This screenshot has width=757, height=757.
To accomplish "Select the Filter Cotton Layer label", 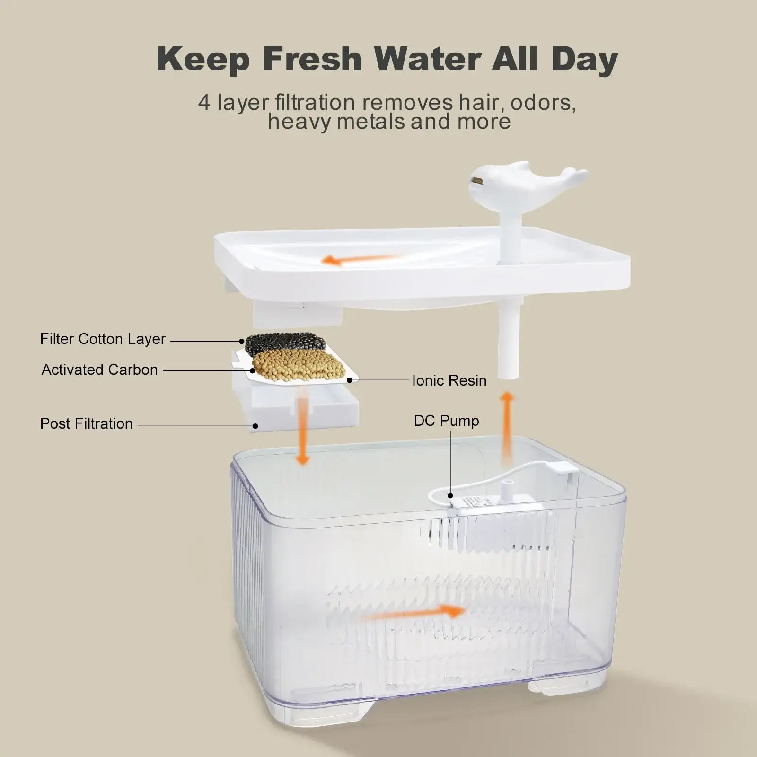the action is pyautogui.click(x=103, y=339).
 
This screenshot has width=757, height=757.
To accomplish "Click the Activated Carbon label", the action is pyautogui.click(x=100, y=370).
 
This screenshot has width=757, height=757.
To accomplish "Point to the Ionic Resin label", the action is pyautogui.click(x=449, y=380).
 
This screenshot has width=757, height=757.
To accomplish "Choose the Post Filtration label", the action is pyautogui.click(x=86, y=423).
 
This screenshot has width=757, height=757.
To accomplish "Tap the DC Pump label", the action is pyautogui.click(x=446, y=421).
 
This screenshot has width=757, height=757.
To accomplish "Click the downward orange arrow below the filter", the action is pyautogui.click(x=302, y=431).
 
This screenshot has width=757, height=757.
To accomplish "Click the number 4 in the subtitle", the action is pyautogui.click(x=204, y=103).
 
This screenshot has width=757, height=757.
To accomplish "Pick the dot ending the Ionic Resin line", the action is pyautogui.click(x=349, y=380).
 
